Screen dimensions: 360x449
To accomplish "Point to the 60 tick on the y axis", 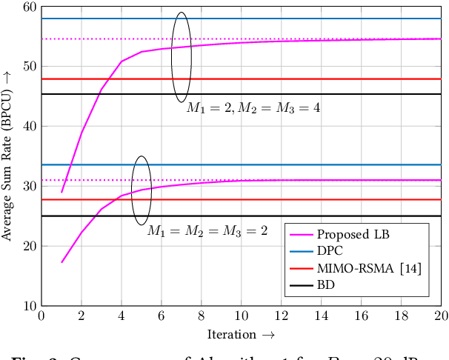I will point(29,7).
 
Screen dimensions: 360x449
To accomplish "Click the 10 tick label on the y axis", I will point(29,306).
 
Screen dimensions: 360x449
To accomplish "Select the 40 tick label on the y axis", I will point(29,127).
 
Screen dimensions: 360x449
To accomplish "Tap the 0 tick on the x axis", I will point(41,316).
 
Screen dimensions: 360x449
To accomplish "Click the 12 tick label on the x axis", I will point(281,316).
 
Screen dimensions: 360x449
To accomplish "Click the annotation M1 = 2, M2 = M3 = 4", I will point(253,108).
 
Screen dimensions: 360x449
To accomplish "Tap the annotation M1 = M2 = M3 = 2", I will point(207,231).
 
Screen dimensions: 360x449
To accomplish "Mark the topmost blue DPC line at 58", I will point(296,19).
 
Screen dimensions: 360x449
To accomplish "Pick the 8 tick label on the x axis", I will point(201,316).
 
